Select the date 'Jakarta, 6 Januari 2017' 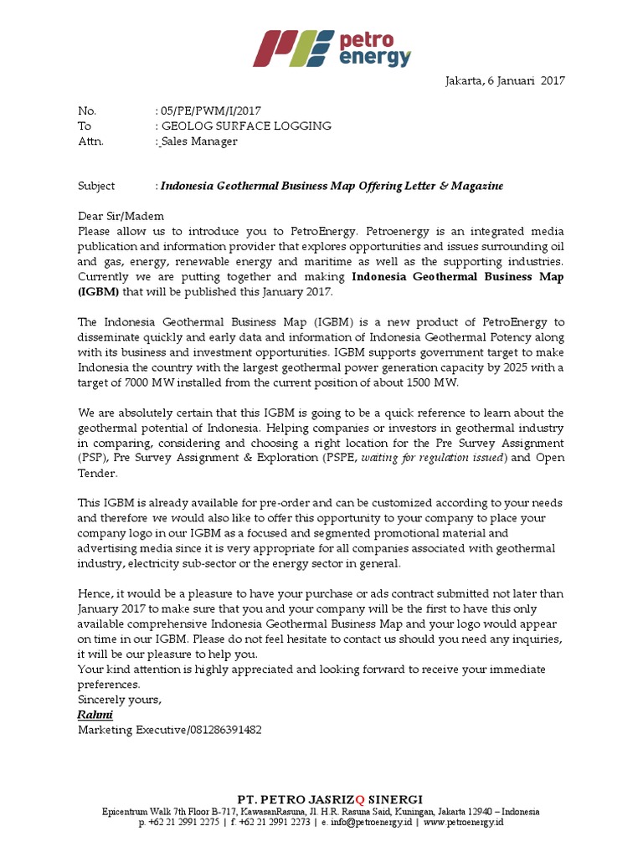point(503,81)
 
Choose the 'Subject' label point(96,186)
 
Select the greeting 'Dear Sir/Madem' point(116,216)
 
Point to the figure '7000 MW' point(141,382)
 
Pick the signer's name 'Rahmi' point(95,715)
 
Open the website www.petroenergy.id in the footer point(464,824)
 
